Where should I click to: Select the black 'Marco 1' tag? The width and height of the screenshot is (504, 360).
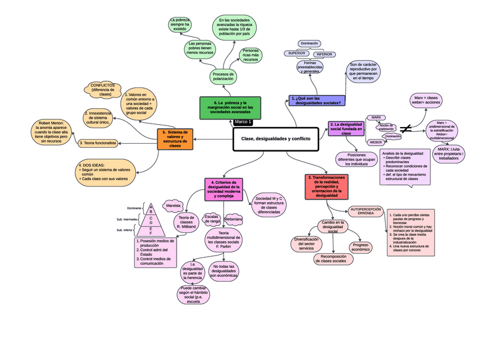coord(243,122)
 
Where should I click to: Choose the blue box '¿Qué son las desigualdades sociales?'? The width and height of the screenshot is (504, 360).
coord(317,100)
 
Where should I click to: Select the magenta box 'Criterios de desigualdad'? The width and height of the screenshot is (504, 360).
coord(224,188)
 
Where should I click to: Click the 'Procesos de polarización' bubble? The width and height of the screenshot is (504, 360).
coord(222,77)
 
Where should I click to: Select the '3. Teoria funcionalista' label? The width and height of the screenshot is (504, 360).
coord(97,143)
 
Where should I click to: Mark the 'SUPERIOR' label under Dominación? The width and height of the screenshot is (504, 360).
coord(297,53)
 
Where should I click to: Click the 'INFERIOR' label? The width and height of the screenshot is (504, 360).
coord(325,54)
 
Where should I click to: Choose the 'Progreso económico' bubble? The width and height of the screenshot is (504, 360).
coord(361,247)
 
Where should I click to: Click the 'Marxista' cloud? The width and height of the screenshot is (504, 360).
coord(174,206)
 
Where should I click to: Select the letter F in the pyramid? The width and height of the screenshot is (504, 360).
coord(151,233)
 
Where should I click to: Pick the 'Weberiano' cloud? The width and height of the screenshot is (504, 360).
coord(234,219)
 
